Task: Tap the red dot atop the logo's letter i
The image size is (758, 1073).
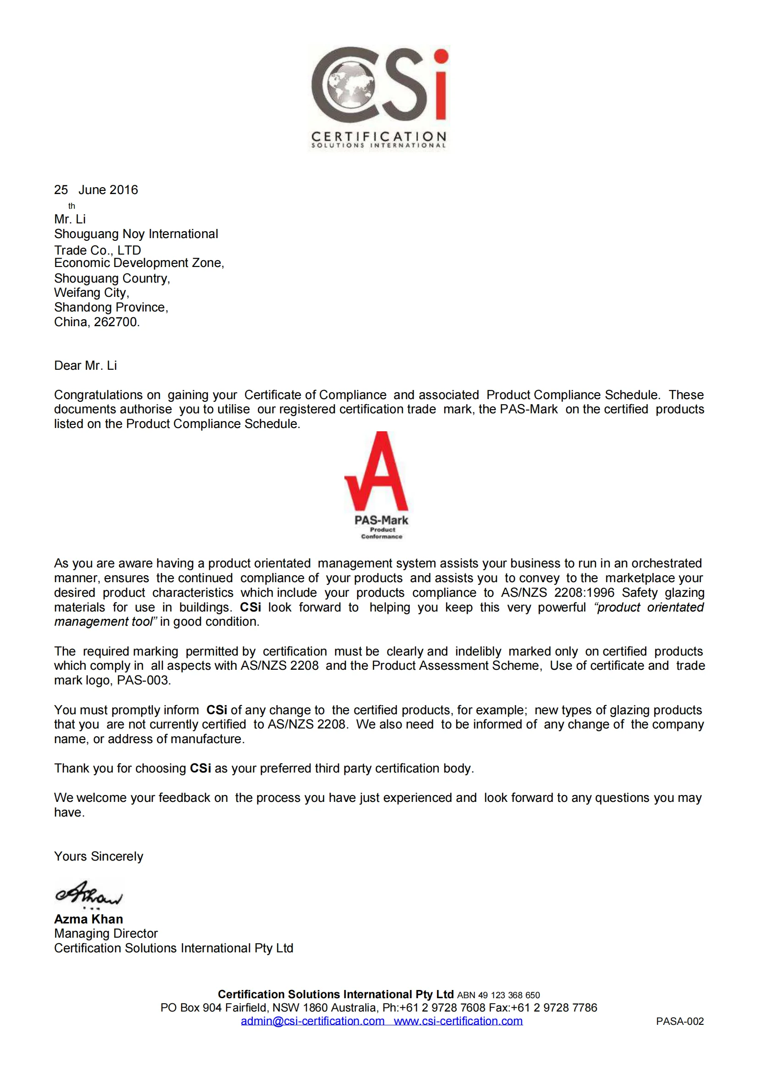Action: [440, 56]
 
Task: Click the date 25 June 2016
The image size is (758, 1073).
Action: [96, 190]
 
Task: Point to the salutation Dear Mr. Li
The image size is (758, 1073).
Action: [85, 366]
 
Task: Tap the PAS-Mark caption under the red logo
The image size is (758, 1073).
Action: [381, 520]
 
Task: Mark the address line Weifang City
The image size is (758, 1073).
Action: [92, 293]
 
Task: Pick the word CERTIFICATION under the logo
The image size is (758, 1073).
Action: [379, 136]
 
